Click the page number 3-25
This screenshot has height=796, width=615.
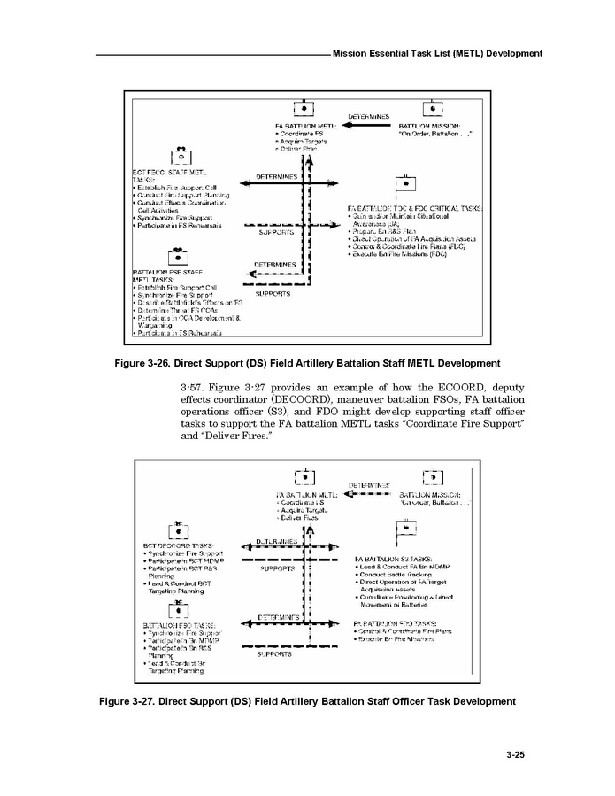516,755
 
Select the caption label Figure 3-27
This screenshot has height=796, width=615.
134,701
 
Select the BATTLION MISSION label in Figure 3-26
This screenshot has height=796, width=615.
429,126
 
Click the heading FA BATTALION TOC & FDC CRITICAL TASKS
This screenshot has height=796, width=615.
415,208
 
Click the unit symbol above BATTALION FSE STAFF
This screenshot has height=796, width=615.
180,257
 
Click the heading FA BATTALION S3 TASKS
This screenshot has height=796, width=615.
393,560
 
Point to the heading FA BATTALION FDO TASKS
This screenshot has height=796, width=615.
396,623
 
